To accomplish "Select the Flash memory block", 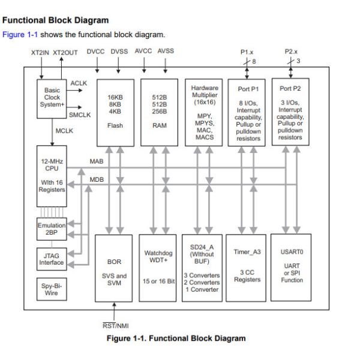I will pos(115,111).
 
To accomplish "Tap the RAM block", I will pos(158,111).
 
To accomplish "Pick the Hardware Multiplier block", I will pos(203,111).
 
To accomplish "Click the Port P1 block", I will pos(247,111).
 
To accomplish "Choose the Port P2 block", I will pos(291,111).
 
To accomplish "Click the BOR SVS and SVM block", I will pos(115,268).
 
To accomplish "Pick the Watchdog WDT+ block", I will pos(158,268).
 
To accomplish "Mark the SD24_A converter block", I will pos(203,268).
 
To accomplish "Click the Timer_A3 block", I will pos(247,268).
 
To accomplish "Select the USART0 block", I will pos(291,268).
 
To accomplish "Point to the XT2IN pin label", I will pos(40,52).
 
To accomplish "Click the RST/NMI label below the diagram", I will pos(114,325).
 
